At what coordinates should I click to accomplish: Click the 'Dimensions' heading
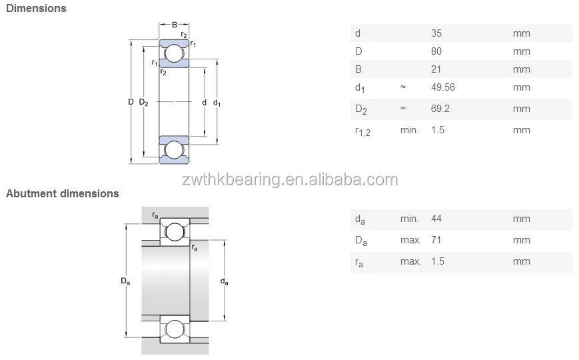(x=36, y=9)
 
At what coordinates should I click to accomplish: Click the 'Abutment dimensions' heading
(x=63, y=194)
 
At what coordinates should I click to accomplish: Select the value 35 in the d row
(x=437, y=33)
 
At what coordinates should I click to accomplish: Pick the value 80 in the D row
(x=437, y=51)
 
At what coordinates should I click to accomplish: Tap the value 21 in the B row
(x=436, y=69)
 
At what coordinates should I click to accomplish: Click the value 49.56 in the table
(x=443, y=87)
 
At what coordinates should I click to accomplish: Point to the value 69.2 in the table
(x=440, y=109)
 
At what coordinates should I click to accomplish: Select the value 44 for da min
(x=437, y=219)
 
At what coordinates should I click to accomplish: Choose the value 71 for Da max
(x=436, y=240)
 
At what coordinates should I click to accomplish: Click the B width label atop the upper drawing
(x=175, y=25)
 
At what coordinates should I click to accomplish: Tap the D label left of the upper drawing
(x=131, y=102)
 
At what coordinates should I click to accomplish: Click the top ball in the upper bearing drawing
(x=174, y=53)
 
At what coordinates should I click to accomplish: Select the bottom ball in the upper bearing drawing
(x=174, y=149)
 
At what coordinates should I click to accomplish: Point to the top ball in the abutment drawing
(x=175, y=232)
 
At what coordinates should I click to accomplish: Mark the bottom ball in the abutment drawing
(x=175, y=329)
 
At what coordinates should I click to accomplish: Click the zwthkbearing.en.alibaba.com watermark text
(x=290, y=179)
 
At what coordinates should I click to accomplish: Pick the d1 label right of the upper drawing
(x=217, y=103)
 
